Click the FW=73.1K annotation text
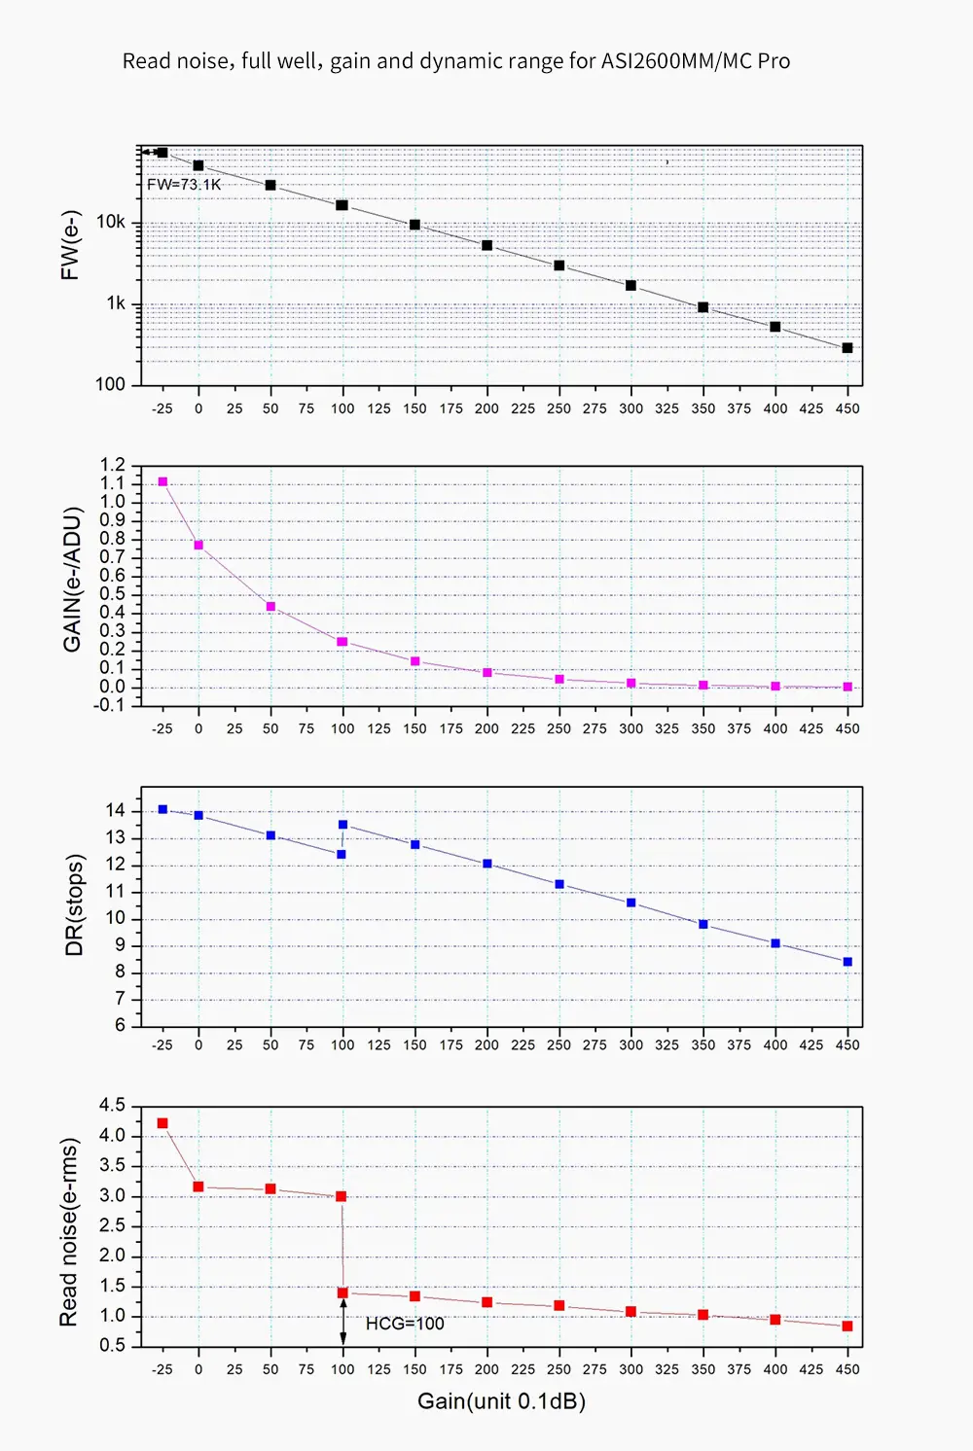tap(184, 185)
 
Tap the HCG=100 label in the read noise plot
tap(405, 1324)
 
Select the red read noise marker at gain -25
tap(162, 1123)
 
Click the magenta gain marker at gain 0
tap(198, 546)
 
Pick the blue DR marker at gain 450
tap(847, 962)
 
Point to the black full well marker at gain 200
tap(486, 246)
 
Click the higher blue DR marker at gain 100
tap(342, 825)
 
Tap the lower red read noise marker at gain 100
tap(342, 1292)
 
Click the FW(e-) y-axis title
tap(70, 245)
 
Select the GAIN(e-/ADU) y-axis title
tap(72, 580)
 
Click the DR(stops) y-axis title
tap(74, 905)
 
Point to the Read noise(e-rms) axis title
tap(68, 1231)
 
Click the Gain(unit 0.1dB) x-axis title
tap(501, 1401)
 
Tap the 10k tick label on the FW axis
tap(111, 223)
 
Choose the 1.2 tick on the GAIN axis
tap(113, 465)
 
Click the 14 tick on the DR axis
tap(116, 811)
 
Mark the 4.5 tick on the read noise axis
tap(113, 1105)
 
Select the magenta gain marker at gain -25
tap(162, 482)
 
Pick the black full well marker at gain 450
tap(847, 348)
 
